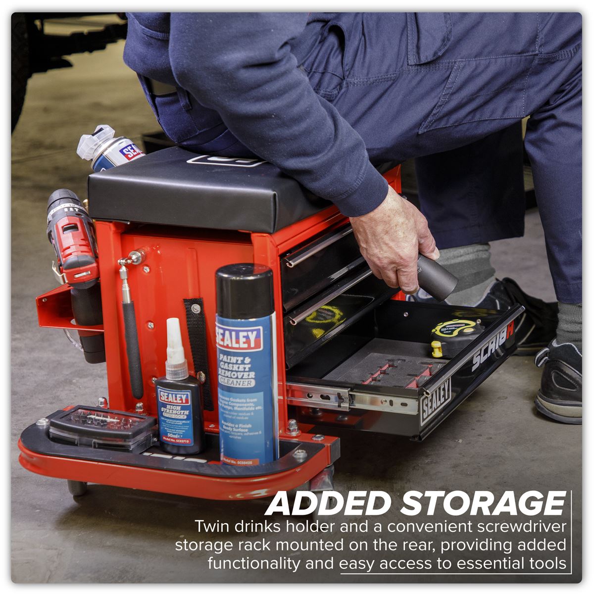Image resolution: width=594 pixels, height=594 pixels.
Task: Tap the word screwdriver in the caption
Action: [515, 527]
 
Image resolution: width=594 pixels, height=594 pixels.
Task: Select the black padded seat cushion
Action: [198, 188]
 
